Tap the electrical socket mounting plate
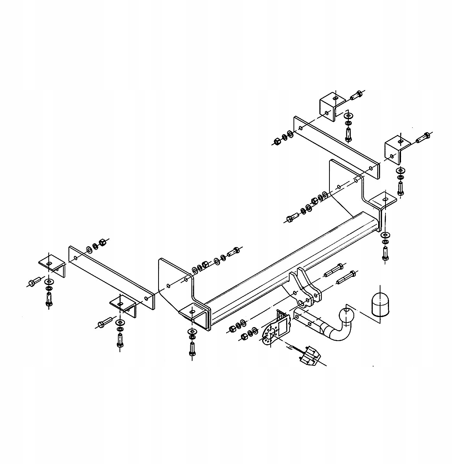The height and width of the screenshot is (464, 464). (x=276, y=327)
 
